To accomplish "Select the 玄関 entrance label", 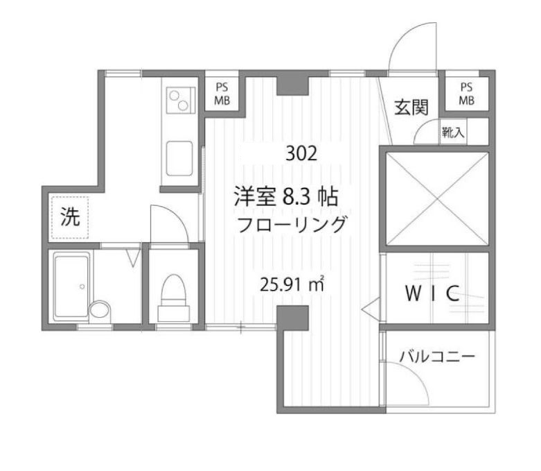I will (x=411, y=107).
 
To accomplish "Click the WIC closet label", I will (x=432, y=293).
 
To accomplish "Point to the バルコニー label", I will (x=436, y=357).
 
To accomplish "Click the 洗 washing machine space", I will (x=69, y=217).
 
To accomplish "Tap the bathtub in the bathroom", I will (x=71, y=284).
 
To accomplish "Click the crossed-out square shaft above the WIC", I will (x=436, y=198).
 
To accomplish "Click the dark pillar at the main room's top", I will (x=287, y=85).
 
